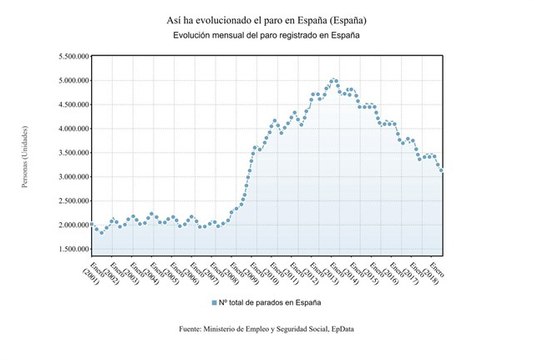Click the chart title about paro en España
[266, 19]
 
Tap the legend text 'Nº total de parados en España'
[270, 301]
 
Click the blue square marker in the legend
[214, 301]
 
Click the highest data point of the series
[334, 80]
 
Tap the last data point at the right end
[442, 171]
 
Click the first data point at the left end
[92, 225]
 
